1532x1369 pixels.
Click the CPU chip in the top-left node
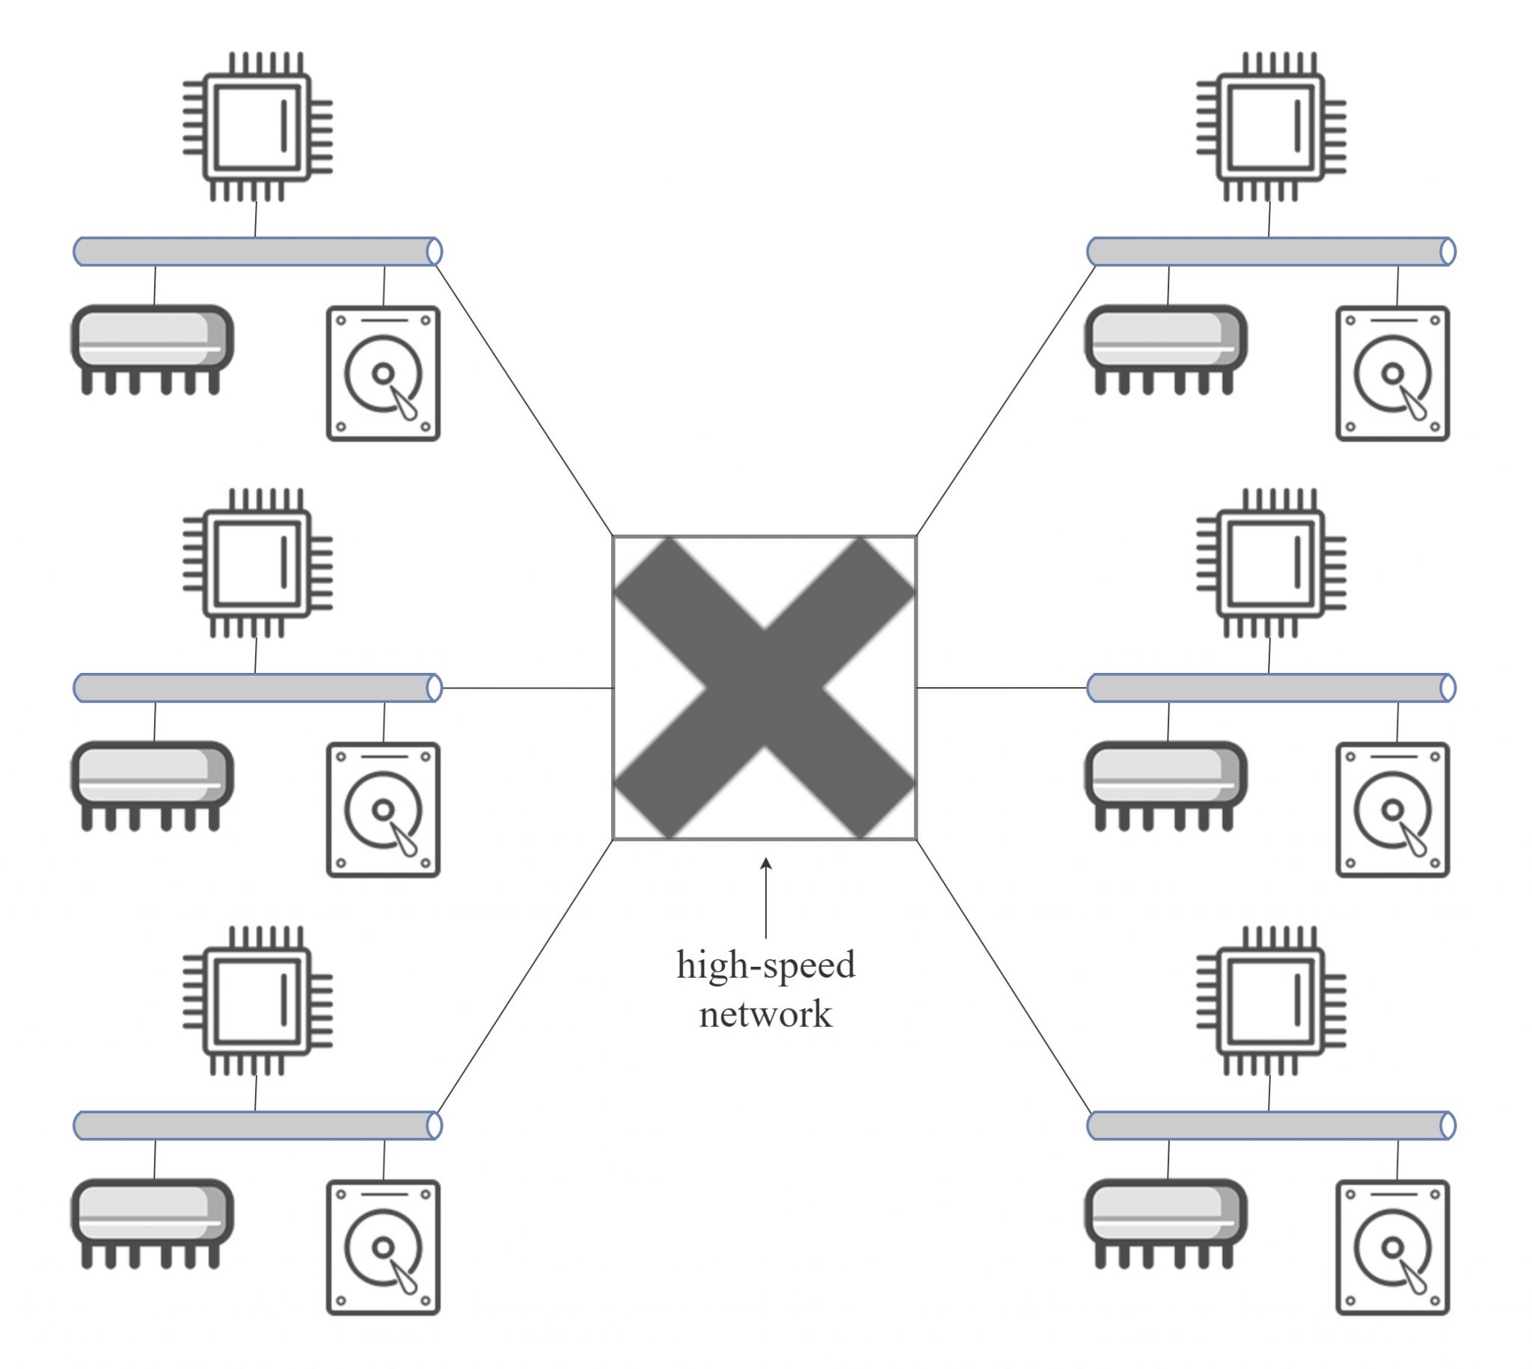tap(258, 127)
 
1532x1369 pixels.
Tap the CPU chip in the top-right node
tap(1271, 127)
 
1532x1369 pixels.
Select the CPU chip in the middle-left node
tap(258, 564)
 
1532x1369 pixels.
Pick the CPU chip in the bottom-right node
tap(1271, 1000)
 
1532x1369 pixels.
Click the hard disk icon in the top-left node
tap(383, 373)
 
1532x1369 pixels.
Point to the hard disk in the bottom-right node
tap(1393, 1247)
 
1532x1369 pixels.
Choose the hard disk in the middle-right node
tap(1393, 810)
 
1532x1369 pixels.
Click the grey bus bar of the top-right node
tap(1271, 251)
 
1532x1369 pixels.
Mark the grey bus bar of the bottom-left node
tap(257, 1125)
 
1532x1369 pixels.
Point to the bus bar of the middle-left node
tap(257, 688)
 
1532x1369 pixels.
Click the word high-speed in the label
tap(765, 965)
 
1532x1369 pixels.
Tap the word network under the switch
tap(765, 1014)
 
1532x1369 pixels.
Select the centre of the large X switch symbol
tap(765, 688)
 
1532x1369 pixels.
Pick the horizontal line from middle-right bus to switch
tap(1002, 688)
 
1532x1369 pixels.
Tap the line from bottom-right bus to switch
tap(1003, 976)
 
